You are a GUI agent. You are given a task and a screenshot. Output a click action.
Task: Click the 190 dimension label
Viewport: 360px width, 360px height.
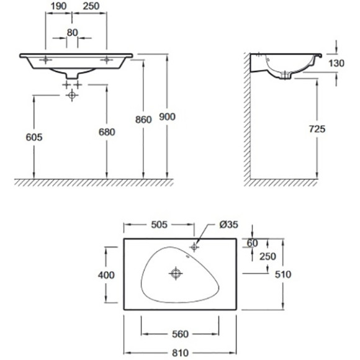tap(58, 6)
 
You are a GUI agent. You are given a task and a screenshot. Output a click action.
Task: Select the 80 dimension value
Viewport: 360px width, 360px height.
tap(73, 33)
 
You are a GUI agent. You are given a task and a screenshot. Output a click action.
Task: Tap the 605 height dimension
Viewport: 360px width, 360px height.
tap(34, 137)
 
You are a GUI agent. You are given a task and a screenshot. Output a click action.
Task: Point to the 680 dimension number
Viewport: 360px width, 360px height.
tap(107, 132)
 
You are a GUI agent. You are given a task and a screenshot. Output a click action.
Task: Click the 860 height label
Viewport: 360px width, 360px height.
tap(143, 120)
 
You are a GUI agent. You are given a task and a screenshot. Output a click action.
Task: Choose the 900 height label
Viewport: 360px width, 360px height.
tap(167, 117)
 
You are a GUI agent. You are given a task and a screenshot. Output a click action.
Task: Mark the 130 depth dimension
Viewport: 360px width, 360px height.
tap(336, 63)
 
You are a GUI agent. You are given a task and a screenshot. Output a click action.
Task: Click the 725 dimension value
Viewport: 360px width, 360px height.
tap(317, 129)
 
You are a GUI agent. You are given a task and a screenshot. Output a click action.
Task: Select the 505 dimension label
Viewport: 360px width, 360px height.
tap(160, 225)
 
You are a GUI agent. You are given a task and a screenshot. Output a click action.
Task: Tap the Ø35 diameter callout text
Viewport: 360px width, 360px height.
tap(228, 225)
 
